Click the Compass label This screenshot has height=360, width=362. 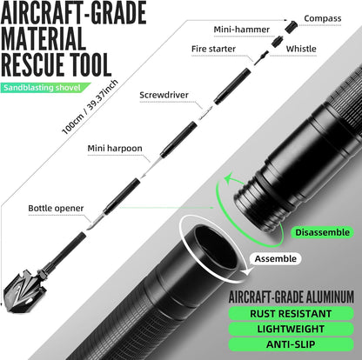coord(323,18)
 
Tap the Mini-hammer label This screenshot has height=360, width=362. coord(242,30)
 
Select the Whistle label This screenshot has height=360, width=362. coord(301,49)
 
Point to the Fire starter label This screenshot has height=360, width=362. coord(213,49)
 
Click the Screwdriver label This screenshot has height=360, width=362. coord(164,95)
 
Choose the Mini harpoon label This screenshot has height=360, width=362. coord(115,149)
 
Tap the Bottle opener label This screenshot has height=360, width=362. coord(56,208)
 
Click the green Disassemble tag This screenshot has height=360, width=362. coord(322,232)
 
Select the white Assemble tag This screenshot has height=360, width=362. coord(276,259)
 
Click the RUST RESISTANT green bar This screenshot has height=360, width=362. coord(291,314)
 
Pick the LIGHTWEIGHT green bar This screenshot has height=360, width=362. coord(291,329)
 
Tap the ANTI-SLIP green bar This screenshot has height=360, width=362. coord(291,344)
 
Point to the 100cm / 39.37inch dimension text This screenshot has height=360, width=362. coord(90,107)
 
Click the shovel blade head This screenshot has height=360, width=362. coord(23,291)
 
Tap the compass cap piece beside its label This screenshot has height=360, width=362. coord(292,27)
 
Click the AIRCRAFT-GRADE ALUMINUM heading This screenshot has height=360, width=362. coord(292,297)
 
